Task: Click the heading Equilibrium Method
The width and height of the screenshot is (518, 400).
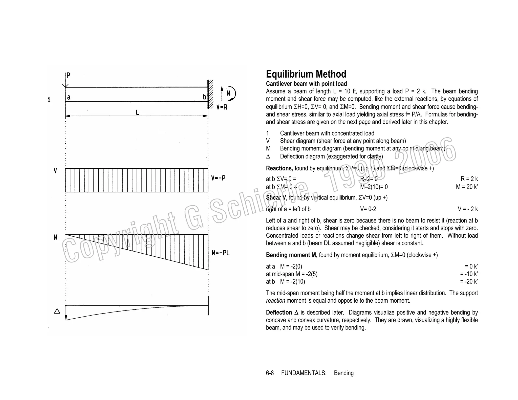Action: (306, 74)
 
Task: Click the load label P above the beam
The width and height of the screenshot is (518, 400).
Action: (68, 75)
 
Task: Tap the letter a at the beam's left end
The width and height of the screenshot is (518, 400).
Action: (69, 97)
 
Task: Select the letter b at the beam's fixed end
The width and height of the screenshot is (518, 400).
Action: (204, 97)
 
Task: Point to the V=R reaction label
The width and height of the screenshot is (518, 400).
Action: (222, 107)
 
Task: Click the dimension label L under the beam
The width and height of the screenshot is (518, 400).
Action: (137, 112)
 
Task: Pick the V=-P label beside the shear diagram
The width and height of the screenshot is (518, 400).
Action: (218, 178)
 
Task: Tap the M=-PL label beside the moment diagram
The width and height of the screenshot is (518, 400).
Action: (221, 253)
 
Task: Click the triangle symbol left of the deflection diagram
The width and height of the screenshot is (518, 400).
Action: (57, 311)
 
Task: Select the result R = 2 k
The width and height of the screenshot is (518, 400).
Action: (469, 179)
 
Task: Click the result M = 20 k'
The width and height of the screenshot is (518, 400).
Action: (467, 187)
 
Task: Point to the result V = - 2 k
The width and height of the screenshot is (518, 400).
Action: (468, 209)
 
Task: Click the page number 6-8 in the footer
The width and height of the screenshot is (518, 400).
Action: (270, 373)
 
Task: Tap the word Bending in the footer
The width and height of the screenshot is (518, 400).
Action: (344, 373)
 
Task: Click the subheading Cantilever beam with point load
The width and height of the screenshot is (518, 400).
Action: (306, 84)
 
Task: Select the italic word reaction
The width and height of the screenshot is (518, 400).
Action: (275, 301)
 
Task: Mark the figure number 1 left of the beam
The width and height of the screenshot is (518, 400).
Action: (49, 100)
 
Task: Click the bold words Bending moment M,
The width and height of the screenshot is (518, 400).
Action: (291, 255)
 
